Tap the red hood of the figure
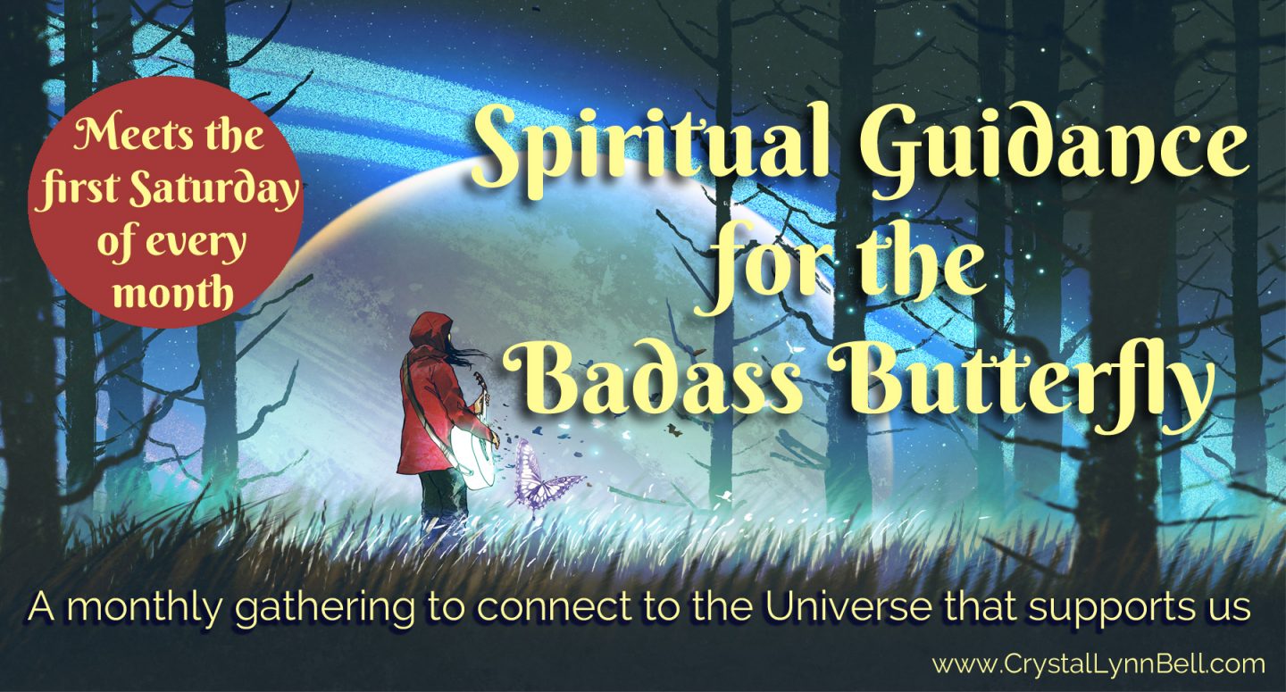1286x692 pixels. pyautogui.click(x=429, y=334)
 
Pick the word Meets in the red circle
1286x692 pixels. pyautogui.click(x=119, y=138)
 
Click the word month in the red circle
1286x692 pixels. pyautogui.click(x=172, y=293)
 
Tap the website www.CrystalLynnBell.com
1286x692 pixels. pyautogui.click(x=1098, y=664)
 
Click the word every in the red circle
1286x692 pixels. pyautogui.click(x=196, y=245)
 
